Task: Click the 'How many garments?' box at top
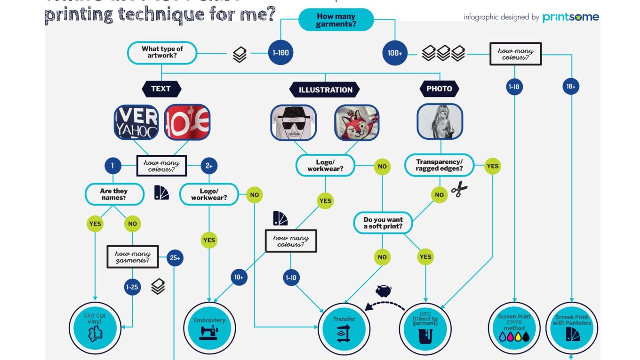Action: coord(336,20)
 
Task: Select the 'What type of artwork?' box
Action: coord(162,52)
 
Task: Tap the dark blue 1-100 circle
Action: coord(280,53)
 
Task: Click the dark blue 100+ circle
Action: coord(394,53)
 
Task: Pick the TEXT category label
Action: coord(161,88)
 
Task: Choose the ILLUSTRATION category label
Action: coord(325,89)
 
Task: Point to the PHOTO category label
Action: coord(439,88)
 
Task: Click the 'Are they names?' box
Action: coord(114,194)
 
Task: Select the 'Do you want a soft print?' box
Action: coord(383,223)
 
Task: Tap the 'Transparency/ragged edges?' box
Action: coord(439,165)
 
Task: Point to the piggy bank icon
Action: coord(384,290)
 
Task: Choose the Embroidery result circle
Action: coord(209,328)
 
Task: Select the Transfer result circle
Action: coord(344,327)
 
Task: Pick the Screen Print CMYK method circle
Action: coord(514,327)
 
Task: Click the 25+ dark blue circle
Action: coord(175,258)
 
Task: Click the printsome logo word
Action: coord(570,17)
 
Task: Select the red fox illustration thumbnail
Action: coord(356,122)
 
